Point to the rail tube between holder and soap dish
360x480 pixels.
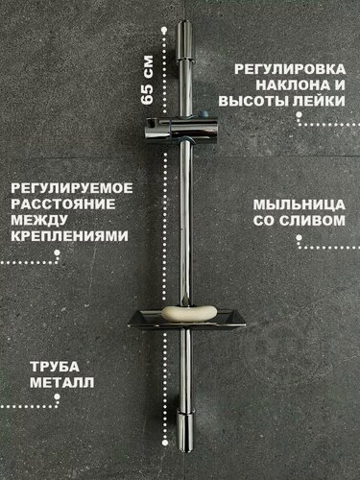pos(182,230)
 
